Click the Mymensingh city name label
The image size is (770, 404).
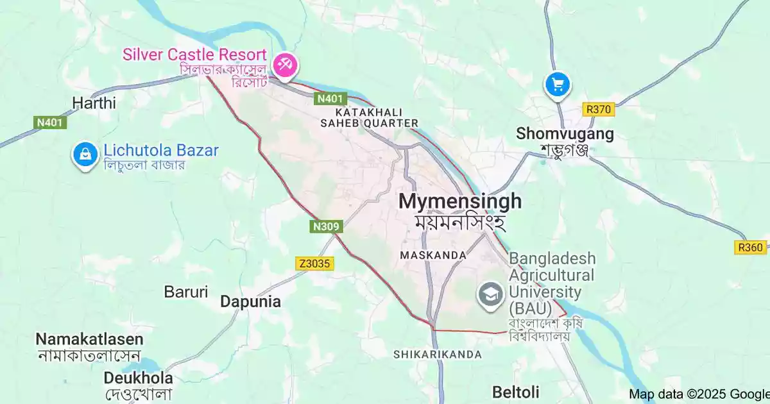(x=460, y=201)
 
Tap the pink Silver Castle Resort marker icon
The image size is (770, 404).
(x=283, y=63)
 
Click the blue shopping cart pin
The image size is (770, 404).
(x=558, y=85)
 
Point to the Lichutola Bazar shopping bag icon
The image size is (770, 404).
(x=84, y=154)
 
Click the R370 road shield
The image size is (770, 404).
(x=599, y=110)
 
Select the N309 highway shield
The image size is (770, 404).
(x=327, y=226)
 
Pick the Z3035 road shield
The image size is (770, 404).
(x=315, y=264)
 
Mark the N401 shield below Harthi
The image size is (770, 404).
(x=50, y=122)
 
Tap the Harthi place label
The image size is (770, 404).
(x=94, y=103)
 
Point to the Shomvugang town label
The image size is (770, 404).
(x=565, y=134)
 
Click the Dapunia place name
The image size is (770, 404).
(x=250, y=301)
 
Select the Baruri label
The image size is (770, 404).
(x=186, y=292)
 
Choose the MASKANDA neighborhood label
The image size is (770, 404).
(x=433, y=255)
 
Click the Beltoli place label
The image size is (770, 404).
(x=516, y=391)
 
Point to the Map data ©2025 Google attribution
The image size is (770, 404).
(x=699, y=394)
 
